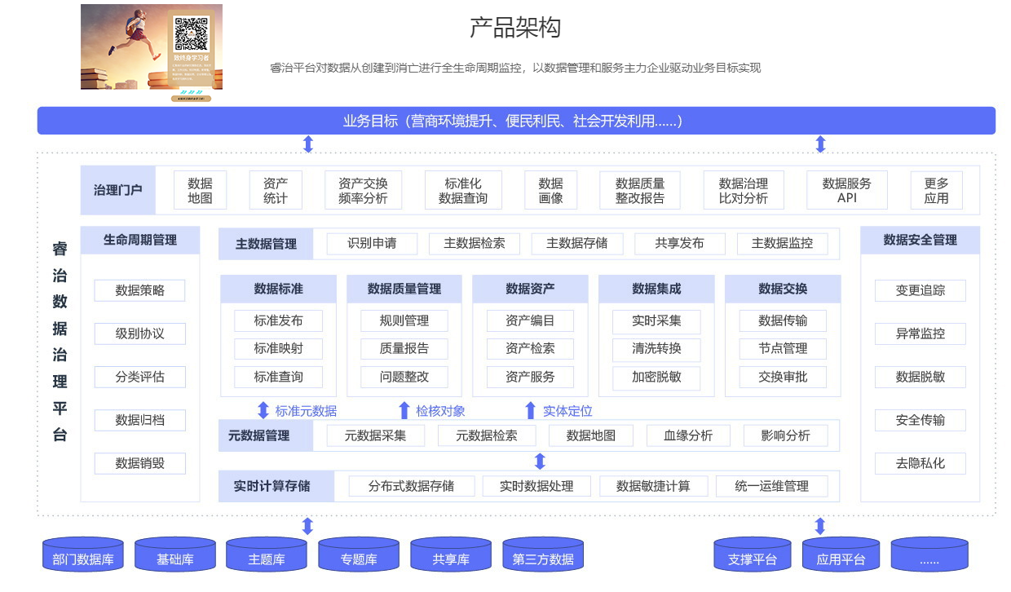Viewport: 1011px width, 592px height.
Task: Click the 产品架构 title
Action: point(515,28)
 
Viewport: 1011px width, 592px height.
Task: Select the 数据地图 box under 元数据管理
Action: point(591,435)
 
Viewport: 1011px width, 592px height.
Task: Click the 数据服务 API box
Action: point(846,191)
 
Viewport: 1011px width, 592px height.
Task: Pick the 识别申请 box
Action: point(372,243)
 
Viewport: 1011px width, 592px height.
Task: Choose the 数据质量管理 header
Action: point(404,289)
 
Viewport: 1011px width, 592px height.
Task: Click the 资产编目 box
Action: point(530,320)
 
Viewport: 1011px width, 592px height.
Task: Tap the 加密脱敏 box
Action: point(656,377)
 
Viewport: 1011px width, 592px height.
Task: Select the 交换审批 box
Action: point(783,377)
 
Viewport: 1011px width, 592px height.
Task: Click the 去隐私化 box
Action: point(920,463)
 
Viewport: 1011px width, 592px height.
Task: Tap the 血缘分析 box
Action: point(688,435)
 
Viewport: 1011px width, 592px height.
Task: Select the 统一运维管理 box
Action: point(771,486)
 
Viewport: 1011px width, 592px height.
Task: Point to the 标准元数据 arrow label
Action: point(306,411)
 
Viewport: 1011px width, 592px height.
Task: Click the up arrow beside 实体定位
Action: point(530,410)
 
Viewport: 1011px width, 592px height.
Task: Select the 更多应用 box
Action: point(936,191)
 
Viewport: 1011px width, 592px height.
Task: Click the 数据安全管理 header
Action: point(920,240)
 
